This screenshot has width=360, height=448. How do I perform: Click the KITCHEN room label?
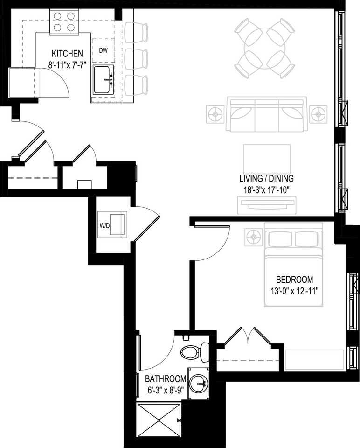point(68,53)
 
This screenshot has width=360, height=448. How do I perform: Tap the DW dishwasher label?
point(103,50)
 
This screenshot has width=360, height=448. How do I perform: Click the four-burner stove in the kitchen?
point(63,21)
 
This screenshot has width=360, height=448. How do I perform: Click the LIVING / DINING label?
point(266,179)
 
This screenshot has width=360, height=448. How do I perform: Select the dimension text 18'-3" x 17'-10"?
point(266,190)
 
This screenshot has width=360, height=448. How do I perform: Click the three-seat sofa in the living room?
point(266,114)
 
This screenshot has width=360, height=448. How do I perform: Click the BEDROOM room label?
point(294,280)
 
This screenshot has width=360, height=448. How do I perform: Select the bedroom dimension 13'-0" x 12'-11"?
point(294,291)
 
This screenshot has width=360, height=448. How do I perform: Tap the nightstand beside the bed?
point(254,237)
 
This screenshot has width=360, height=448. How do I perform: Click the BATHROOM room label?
point(166,378)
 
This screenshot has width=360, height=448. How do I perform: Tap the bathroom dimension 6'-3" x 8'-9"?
point(166,389)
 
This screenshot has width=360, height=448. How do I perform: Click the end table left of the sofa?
point(215,113)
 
